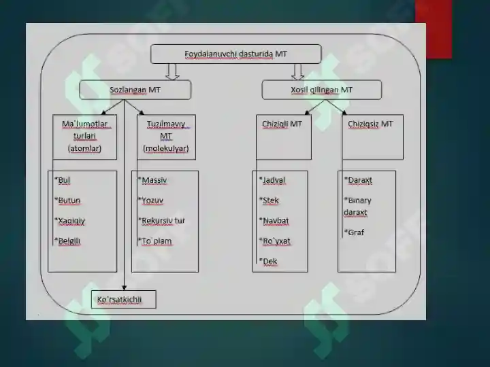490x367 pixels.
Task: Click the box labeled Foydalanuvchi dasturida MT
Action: coord(236,54)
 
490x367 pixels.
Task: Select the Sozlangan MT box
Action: coord(135,90)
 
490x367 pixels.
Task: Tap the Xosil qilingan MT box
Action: coord(321,90)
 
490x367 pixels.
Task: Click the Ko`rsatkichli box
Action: coord(123,300)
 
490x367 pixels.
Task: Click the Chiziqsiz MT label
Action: coord(370,124)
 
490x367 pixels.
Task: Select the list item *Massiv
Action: coord(152,180)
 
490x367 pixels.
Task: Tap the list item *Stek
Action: coord(269,200)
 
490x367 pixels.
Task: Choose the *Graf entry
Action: coord(354,232)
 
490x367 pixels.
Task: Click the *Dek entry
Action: coord(268,261)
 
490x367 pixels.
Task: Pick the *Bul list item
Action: coord(62,180)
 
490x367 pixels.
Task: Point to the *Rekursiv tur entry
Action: coord(161,221)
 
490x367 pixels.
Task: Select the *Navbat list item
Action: coord(274,221)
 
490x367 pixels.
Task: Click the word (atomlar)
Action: coord(84,148)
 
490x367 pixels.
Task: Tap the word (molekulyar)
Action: coord(166,148)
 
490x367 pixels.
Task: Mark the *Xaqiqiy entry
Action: coord(69,221)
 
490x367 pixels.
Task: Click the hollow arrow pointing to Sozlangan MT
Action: coord(172,72)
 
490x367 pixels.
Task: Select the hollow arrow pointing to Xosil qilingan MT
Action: coord(297,72)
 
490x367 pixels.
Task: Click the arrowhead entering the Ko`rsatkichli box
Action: coord(124,287)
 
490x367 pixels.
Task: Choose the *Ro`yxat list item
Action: coord(275,241)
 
